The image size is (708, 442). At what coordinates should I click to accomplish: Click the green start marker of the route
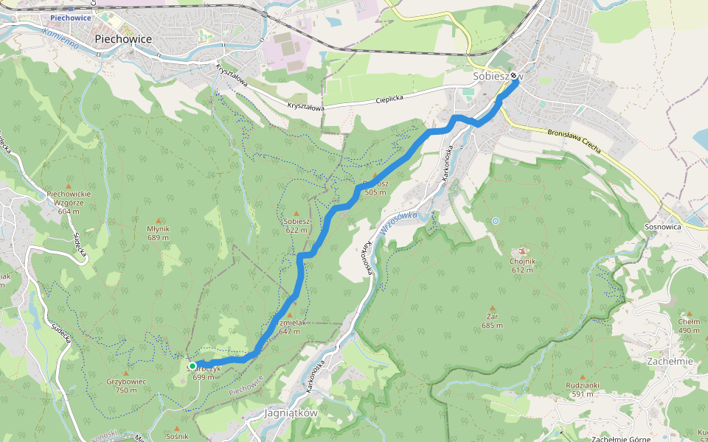pos(192,365)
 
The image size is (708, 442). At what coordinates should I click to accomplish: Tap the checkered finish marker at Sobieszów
pos(514,75)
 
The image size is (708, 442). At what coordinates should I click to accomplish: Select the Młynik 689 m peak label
pos(158,233)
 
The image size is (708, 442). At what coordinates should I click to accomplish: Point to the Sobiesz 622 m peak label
pos(296,225)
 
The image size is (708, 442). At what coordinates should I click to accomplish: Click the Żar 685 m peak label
pos(492,320)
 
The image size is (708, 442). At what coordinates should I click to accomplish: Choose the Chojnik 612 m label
pos(522,265)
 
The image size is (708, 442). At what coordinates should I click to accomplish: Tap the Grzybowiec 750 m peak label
pos(126,385)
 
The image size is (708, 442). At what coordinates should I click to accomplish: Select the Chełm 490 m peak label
pos(689,325)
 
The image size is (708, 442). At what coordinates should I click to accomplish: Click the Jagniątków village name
pos(291,413)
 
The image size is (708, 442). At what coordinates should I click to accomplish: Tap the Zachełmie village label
pos(670,362)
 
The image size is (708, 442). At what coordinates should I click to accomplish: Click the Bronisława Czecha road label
pos(574,141)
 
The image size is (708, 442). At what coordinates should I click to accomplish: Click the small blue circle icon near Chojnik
pos(495,220)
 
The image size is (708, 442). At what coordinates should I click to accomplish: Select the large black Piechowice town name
pos(123,39)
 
